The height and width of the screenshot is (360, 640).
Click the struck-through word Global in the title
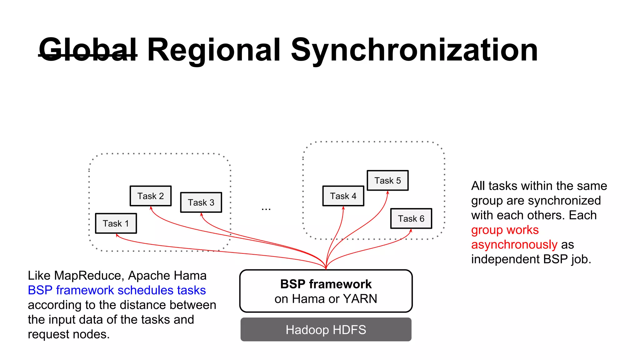[x=88, y=50]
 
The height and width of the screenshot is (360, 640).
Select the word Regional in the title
[x=214, y=50]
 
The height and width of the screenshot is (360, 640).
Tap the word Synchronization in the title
[x=414, y=50]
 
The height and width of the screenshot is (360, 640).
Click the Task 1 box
[x=116, y=223]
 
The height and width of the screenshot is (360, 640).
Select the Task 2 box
[x=151, y=196]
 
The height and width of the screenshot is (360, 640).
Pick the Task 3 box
[x=201, y=202]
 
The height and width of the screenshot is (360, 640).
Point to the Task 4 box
[x=343, y=196]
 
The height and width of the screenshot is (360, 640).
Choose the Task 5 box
[x=387, y=181]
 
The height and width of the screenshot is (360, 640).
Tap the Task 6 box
[x=411, y=219]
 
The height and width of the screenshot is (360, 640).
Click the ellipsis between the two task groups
[x=266, y=209]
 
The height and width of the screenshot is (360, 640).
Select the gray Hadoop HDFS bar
[x=326, y=330]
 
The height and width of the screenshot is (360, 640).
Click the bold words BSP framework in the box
[x=326, y=284]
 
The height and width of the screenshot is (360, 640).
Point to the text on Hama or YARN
[x=326, y=299]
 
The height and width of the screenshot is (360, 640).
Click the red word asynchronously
[x=514, y=245]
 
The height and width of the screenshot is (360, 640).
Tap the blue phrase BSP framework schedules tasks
[x=117, y=290]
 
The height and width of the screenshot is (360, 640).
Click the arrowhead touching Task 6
[x=411, y=231]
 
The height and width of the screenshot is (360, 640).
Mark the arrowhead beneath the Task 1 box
[x=117, y=235]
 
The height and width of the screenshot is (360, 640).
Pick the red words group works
[x=505, y=230]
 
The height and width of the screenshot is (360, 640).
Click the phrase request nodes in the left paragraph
[x=68, y=334]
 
